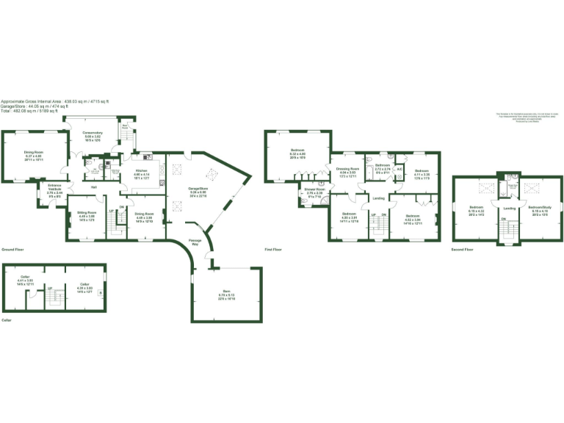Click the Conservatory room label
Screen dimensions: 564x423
click(x=93, y=133)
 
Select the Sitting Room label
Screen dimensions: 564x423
click(x=87, y=213)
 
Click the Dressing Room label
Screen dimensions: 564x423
click(x=347, y=168)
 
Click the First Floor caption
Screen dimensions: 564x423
click(x=274, y=250)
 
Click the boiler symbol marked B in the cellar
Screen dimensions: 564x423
click(x=101, y=292)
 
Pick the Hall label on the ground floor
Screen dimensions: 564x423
click(x=94, y=187)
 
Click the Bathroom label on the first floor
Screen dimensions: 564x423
click(x=383, y=165)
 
